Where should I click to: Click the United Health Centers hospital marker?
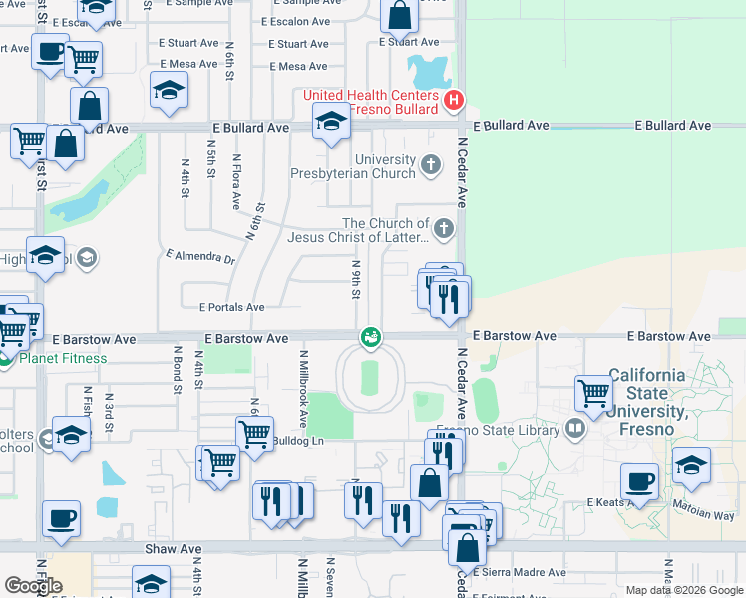(454, 101)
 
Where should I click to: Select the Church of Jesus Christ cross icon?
(445, 230)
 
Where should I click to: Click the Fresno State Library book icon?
(574, 429)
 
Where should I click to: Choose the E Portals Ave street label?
(231, 308)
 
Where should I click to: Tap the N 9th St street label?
(356, 278)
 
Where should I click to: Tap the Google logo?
(33, 586)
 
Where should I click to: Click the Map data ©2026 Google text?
(684, 590)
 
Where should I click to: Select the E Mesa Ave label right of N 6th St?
(297, 67)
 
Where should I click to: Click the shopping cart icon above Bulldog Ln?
(254, 434)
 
